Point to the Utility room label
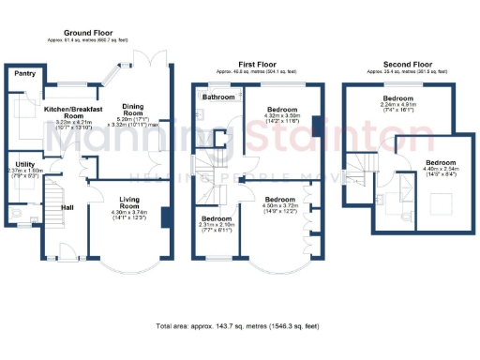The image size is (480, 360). pyautogui.click(x=19, y=164)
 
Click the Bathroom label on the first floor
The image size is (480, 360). pyautogui.click(x=218, y=97)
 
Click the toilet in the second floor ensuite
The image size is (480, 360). pyautogui.click(x=384, y=200)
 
